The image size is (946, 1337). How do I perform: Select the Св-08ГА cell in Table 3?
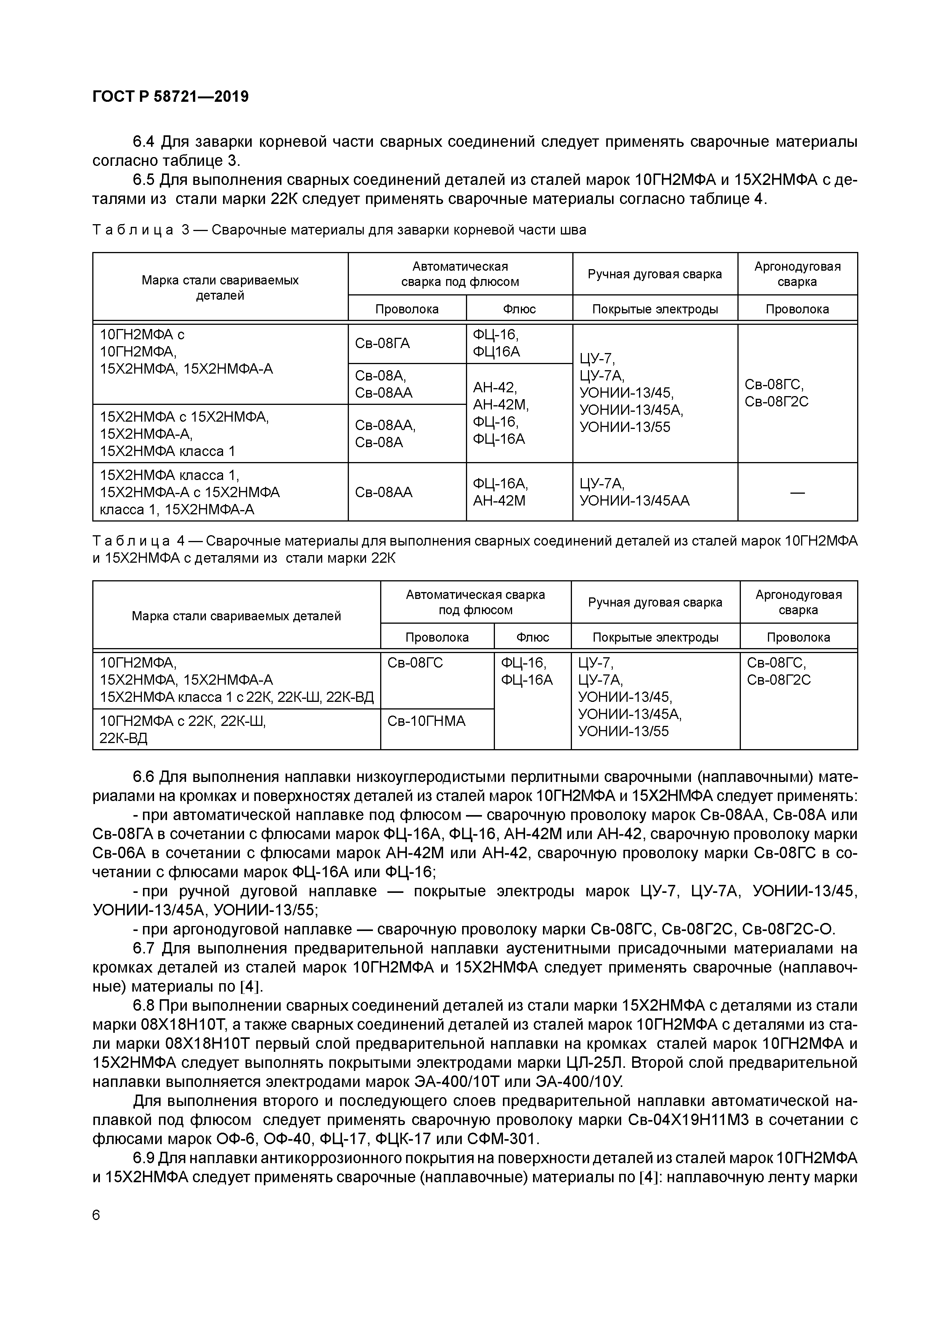click(382, 343)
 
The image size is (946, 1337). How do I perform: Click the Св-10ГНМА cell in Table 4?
click(426, 721)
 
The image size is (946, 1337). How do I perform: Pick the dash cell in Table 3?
click(797, 493)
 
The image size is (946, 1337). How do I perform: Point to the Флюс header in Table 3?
click(519, 309)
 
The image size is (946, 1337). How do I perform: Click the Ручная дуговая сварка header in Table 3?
click(655, 274)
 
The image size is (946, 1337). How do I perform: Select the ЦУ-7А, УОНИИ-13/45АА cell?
click(634, 492)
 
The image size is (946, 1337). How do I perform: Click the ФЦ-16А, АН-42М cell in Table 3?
click(500, 492)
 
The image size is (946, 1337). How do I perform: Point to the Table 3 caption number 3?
click(186, 230)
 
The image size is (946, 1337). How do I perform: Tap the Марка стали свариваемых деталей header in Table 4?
click(236, 616)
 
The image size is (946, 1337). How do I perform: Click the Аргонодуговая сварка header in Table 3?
click(797, 274)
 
